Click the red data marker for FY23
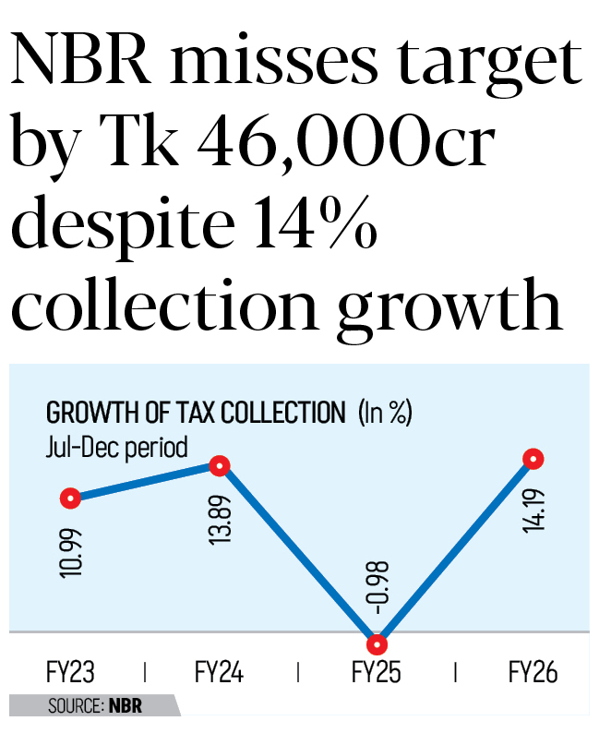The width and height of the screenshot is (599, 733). [70, 499]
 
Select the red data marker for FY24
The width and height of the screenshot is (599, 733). [220, 466]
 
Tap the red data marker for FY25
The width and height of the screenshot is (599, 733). [376, 644]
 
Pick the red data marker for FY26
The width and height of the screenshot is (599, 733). [533, 459]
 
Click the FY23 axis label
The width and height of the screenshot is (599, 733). [71, 671]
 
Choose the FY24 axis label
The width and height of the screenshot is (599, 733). [219, 671]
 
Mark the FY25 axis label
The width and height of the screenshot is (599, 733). [377, 671]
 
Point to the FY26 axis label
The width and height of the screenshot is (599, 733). [533, 671]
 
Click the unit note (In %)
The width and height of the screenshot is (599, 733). [384, 413]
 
